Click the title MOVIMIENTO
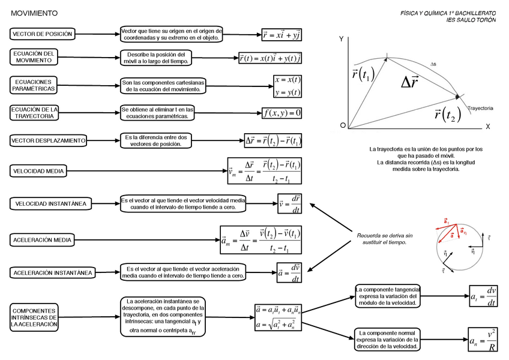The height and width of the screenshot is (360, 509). pyautogui.click(x=34, y=13)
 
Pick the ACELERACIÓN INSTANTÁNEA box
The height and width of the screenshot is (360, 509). pyautogui.click(x=52, y=273)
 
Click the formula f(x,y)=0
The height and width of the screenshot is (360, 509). pyautogui.click(x=282, y=112)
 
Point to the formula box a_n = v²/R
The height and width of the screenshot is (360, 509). pyautogui.click(x=483, y=340)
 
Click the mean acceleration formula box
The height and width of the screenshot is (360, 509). pyautogui.click(x=261, y=239)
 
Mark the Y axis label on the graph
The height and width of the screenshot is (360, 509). pyautogui.click(x=341, y=39)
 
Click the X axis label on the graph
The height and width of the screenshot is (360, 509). pyautogui.click(x=488, y=127)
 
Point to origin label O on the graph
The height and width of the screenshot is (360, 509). pyautogui.click(x=343, y=125)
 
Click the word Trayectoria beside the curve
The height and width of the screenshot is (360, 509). pyautogui.click(x=480, y=108)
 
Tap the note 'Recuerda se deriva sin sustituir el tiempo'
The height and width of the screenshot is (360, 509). pyautogui.click(x=385, y=239)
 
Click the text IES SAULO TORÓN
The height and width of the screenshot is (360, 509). pyautogui.click(x=471, y=20)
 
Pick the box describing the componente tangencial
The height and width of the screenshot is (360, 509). pyautogui.click(x=388, y=296)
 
